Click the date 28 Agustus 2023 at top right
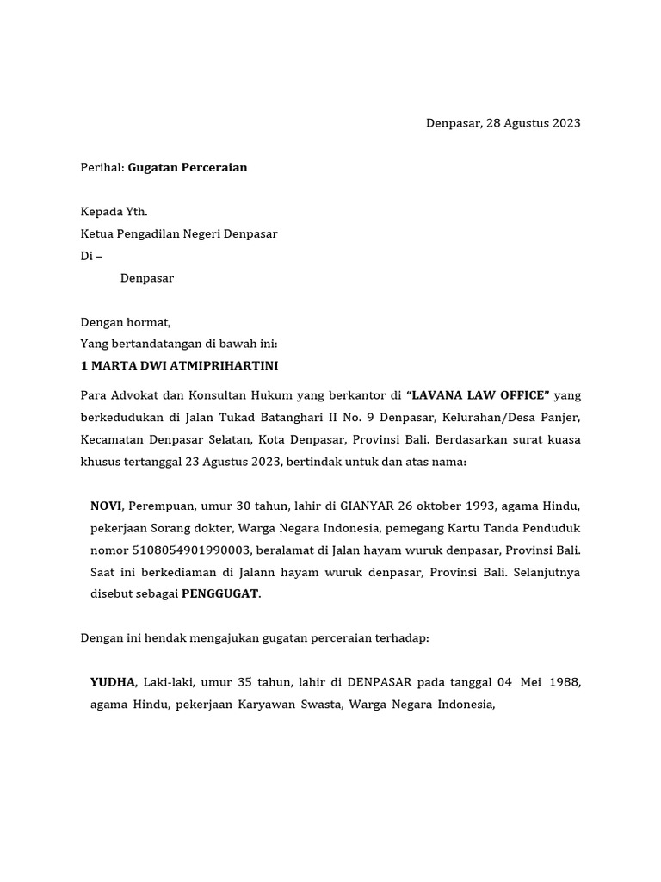[533, 123]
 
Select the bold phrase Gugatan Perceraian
[188, 168]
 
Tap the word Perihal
[102, 168]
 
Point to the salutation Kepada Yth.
[114, 212]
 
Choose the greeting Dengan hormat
[126, 323]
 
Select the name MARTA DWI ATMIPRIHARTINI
[185, 366]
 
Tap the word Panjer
[562, 418]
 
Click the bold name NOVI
[106, 506]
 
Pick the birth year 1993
[481, 506]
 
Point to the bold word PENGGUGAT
[219, 593]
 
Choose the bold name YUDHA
[113, 682]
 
